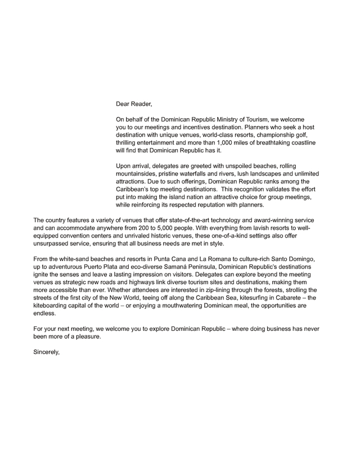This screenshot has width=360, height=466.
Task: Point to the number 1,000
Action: [x=229, y=143]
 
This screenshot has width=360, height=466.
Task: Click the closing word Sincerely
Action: [x=47, y=353]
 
